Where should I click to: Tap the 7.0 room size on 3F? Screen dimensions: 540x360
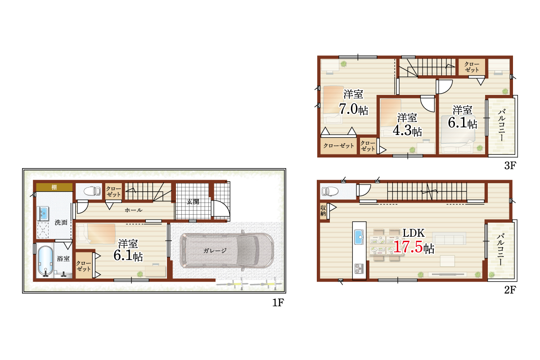(x=348, y=109)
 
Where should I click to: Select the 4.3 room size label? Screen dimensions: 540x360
(x=402, y=130)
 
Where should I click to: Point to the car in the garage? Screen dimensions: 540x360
(x=227, y=251)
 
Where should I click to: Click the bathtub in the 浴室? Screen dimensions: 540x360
(x=45, y=261)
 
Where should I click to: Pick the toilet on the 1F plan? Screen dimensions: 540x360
(x=92, y=191)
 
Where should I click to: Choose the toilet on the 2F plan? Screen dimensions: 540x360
(x=330, y=191)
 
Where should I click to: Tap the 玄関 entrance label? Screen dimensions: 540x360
(x=193, y=202)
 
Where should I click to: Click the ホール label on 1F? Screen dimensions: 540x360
(x=134, y=210)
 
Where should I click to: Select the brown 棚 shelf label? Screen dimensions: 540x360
(x=54, y=187)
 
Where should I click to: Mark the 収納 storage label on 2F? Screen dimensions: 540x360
(x=323, y=211)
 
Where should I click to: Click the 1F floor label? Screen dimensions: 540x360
(x=278, y=302)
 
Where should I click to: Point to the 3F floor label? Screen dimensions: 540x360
(x=510, y=166)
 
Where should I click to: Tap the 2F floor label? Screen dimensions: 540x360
(x=510, y=290)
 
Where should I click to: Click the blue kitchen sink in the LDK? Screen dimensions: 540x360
(x=359, y=237)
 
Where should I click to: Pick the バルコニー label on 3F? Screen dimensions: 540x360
(x=502, y=125)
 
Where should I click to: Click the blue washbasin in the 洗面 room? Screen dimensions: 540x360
(x=43, y=213)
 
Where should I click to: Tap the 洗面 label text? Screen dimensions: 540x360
(x=61, y=222)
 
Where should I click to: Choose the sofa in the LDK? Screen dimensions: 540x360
(x=449, y=238)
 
